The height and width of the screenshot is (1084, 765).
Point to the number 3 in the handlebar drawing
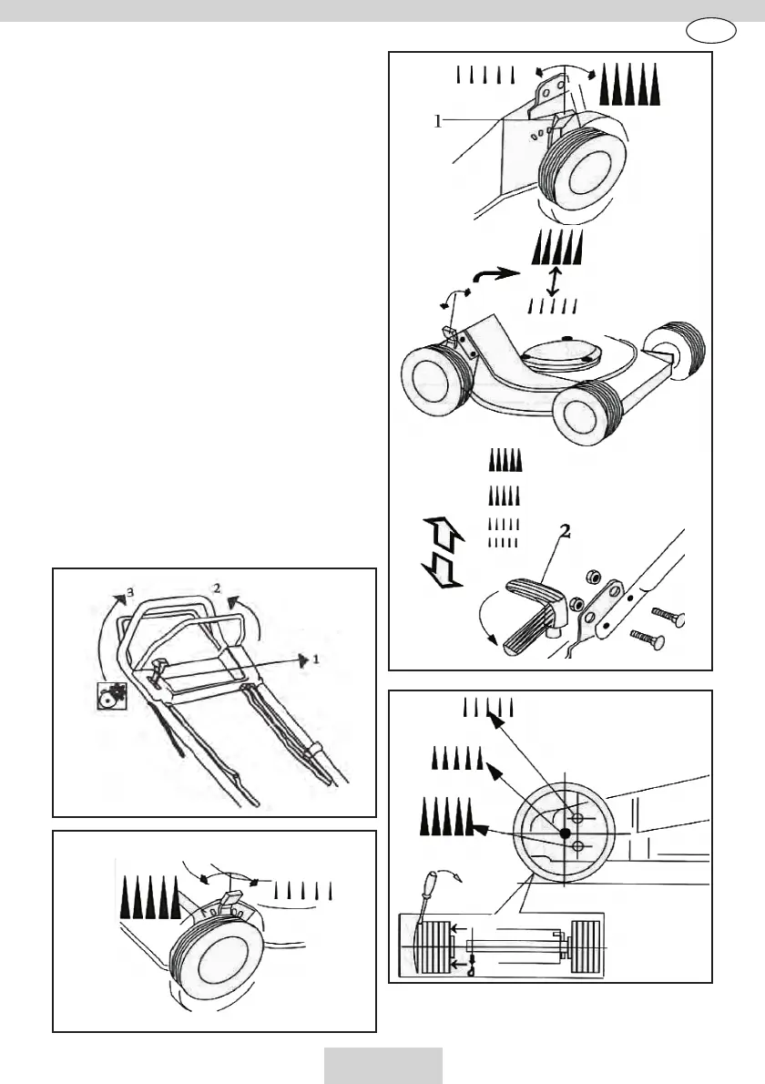(x=130, y=592)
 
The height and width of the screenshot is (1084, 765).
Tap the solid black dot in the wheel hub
(x=565, y=833)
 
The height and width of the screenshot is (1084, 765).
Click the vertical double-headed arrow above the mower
(x=555, y=279)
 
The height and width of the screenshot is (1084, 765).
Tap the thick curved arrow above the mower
(x=496, y=274)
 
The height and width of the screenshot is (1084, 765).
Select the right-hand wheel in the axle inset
(x=586, y=949)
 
